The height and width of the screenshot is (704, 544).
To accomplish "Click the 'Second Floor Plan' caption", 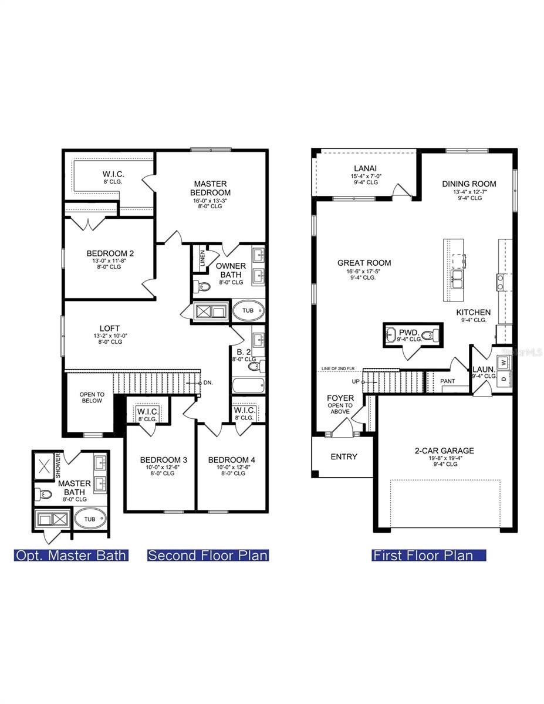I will pos(208,555).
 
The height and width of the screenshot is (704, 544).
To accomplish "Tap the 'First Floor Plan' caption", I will pos(429,555).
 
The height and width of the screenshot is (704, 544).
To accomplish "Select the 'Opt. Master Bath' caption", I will pos(71,555).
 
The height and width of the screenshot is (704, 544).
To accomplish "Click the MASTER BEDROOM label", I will pos(211,188).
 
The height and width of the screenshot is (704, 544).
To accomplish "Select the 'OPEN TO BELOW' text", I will pos(92,397).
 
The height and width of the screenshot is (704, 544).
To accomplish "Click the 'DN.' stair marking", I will pos(207,382).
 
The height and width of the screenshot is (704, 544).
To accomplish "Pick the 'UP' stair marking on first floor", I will pos(355,381).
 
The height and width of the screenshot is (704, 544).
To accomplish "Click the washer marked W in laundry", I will pos(504,362).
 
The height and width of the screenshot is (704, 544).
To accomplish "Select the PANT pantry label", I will pos(447,381).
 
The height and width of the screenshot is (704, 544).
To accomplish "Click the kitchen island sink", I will pos(457,280).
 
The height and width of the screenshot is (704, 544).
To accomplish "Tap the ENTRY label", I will pos(344,456).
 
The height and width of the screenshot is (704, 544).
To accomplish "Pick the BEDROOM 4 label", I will pos(231,459).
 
